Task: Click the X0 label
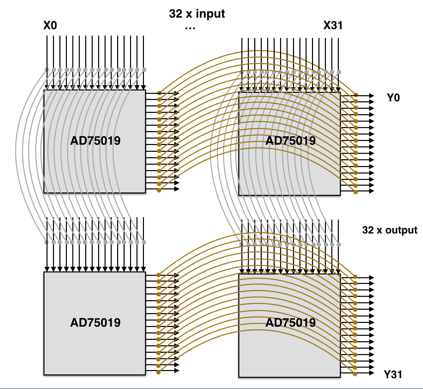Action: coord(50,25)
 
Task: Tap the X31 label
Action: coord(333,25)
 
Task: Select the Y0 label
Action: coord(393,98)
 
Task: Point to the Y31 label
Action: coord(393,374)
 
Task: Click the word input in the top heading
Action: coord(210,14)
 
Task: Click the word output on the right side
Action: coord(401,230)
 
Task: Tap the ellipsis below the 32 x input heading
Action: coord(190,28)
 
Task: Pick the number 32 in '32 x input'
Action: coord(176,14)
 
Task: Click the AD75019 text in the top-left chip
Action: coord(95,141)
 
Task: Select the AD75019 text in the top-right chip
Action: coord(291,141)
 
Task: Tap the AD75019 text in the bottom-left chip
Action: coord(95,323)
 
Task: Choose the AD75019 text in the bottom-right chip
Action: coord(291,323)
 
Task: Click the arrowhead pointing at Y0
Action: coord(371,96)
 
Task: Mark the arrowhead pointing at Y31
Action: coord(371,373)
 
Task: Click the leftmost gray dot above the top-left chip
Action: coord(47,70)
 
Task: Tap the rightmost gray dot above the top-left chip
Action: coord(144,70)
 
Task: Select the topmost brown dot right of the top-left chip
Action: coord(159,93)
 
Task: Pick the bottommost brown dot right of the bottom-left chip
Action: coord(158,372)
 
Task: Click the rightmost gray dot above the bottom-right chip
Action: coord(339,245)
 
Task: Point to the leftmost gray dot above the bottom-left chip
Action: coord(47,242)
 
